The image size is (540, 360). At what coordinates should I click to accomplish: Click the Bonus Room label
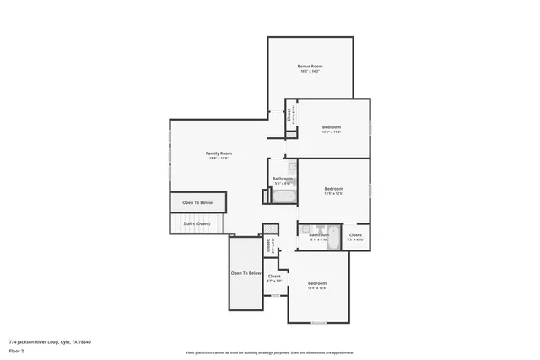pyautogui.click(x=310, y=66)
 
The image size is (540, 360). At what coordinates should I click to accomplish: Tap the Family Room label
pyautogui.click(x=219, y=153)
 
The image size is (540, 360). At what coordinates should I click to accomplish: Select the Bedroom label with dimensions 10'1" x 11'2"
pyautogui.click(x=331, y=127)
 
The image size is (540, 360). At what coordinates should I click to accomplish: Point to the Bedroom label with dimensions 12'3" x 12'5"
pyautogui.click(x=333, y=189)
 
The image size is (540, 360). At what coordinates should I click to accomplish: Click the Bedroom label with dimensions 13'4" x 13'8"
pyautogui.click(x=316, y=282)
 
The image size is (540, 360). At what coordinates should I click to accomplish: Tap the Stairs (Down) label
pyautogui.click(x=197, y=223)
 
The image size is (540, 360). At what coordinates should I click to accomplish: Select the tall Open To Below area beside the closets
pyautogui.click(x=246, y=273)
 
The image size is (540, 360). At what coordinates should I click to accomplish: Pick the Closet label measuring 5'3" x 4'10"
pyautogui.click(x=355, y=235)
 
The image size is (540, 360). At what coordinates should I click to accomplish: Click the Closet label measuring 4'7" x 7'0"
pyautogui.click(x=274, y=276)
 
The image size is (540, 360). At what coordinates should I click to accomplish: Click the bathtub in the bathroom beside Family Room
pyautogui.click(x=282, y=197)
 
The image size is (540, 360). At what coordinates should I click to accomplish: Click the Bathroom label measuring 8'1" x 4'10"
pyautogui.click(x=318, y=234)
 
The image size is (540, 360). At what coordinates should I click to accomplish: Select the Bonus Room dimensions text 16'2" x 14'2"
pyautogui.click(x=310, y=71)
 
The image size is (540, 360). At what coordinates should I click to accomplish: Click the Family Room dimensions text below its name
pyautogui.click(x=219, y=158)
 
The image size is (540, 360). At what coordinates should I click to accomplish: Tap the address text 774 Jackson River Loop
pyautogui.click(x=50, y=341)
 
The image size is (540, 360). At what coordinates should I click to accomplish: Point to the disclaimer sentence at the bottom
pyautogui.click(x=269, y=352)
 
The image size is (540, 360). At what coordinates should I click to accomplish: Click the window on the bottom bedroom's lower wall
pyautogui.click(x=318, y=323)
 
